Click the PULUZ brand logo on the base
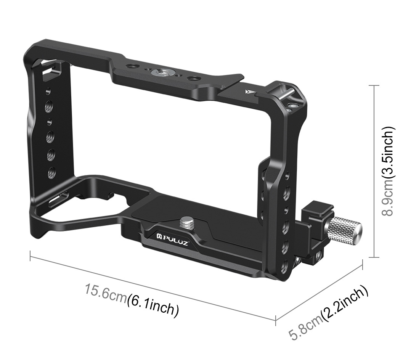tap(172, 240)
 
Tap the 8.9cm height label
tap(388, 198)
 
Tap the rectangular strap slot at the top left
tap(52, 70)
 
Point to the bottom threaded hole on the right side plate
tap(285, 267)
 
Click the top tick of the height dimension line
tap(374, 86)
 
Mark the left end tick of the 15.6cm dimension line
tap(30, 256)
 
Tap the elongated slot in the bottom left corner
tap(58, 199)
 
